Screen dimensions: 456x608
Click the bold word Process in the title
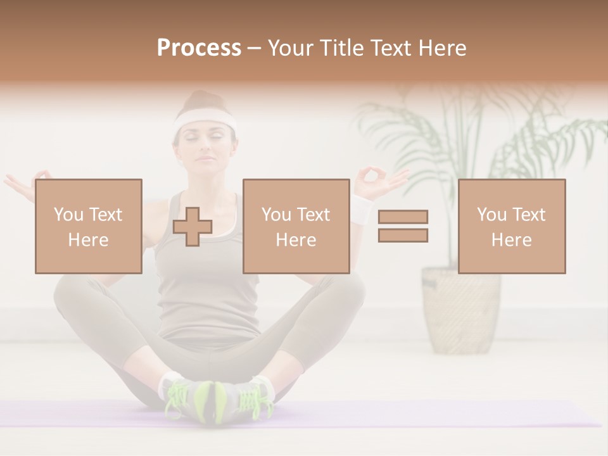click(x=199, y=48)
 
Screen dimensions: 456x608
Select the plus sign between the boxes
click(x=193, y=226)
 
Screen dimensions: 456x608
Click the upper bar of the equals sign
click(x=403, y=217)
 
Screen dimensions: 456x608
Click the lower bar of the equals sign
click(x=403, y=235)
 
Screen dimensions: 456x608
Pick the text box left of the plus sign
click(x=88, y=226)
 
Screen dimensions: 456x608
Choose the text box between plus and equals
click(x=296, y=226)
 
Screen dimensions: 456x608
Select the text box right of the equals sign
click(x=511, y=226)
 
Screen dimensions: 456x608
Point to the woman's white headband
click(x=205, y=119)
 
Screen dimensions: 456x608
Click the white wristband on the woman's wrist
click(x=362, y=209)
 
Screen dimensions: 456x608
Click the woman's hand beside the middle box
click(x=380, y=179)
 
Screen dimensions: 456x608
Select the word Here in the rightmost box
click(x=511, y=240)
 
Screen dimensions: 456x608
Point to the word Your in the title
click(x=289, y=48)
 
